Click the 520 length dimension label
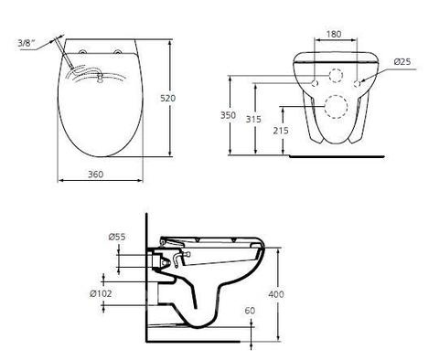(168, 99)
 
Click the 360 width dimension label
(96, 175)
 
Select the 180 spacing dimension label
(334, 34)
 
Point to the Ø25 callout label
(402, 62)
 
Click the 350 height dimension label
(228, 115)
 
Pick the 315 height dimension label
(253, 119)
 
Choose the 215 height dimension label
(281, 131)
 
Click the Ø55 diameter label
(117, 237)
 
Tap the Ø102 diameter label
(101, 294)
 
